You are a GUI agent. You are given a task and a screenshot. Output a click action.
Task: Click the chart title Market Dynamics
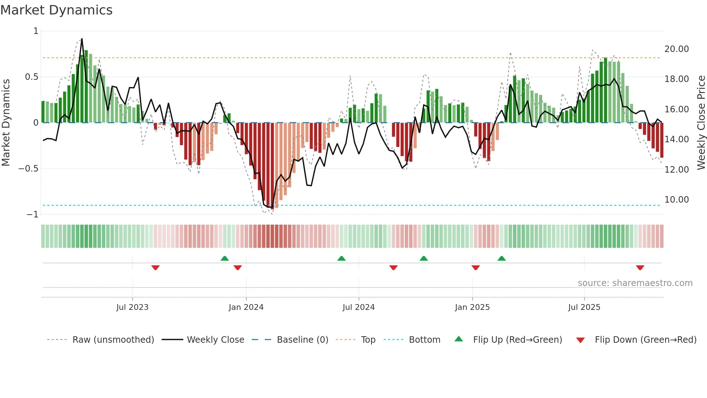56,10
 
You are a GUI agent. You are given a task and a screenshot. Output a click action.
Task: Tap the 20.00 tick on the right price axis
676,49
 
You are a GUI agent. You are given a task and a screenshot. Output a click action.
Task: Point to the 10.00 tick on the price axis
676,199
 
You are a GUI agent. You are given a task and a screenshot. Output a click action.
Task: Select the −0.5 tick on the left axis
28,169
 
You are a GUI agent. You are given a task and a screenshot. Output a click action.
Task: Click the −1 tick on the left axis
32,215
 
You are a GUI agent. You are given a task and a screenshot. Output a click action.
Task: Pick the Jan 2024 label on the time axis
246,307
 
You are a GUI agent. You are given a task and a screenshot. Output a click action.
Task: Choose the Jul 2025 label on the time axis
584,307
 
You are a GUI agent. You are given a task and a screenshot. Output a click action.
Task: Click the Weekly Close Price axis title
701,122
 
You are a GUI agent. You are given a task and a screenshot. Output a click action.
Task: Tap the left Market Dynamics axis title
6,122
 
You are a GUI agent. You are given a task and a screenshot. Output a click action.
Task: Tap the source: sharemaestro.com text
635,283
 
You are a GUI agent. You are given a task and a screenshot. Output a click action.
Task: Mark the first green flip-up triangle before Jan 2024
225,258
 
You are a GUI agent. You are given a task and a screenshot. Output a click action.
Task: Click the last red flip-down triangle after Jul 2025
640,268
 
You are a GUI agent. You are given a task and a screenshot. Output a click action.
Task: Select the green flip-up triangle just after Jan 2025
501,258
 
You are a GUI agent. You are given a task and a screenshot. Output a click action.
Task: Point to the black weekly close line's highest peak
82,39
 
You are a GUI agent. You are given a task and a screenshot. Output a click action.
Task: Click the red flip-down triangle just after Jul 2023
155,268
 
